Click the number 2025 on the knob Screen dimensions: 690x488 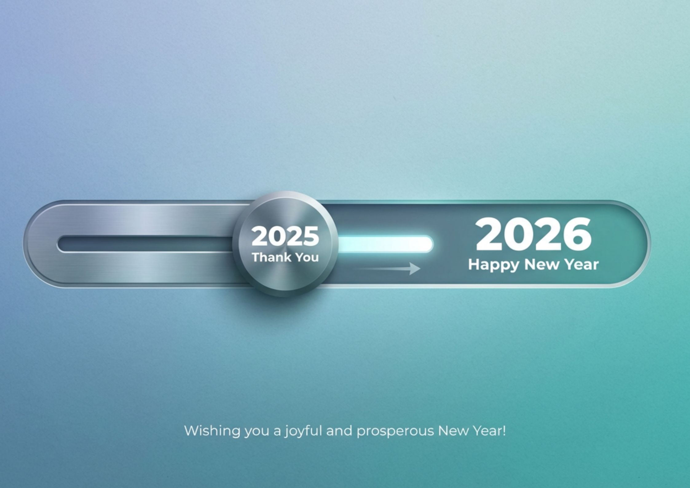pos(285,236)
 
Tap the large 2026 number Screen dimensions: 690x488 pos(533,234)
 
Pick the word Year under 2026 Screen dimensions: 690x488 pos(582,264)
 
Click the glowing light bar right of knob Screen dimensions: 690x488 pos(385,244)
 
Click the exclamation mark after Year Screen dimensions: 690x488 pos(503,430)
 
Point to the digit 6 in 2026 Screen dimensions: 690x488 pos(577,234)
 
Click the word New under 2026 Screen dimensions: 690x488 pos(542,264)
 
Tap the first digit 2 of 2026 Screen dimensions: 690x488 pos(490,234)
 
